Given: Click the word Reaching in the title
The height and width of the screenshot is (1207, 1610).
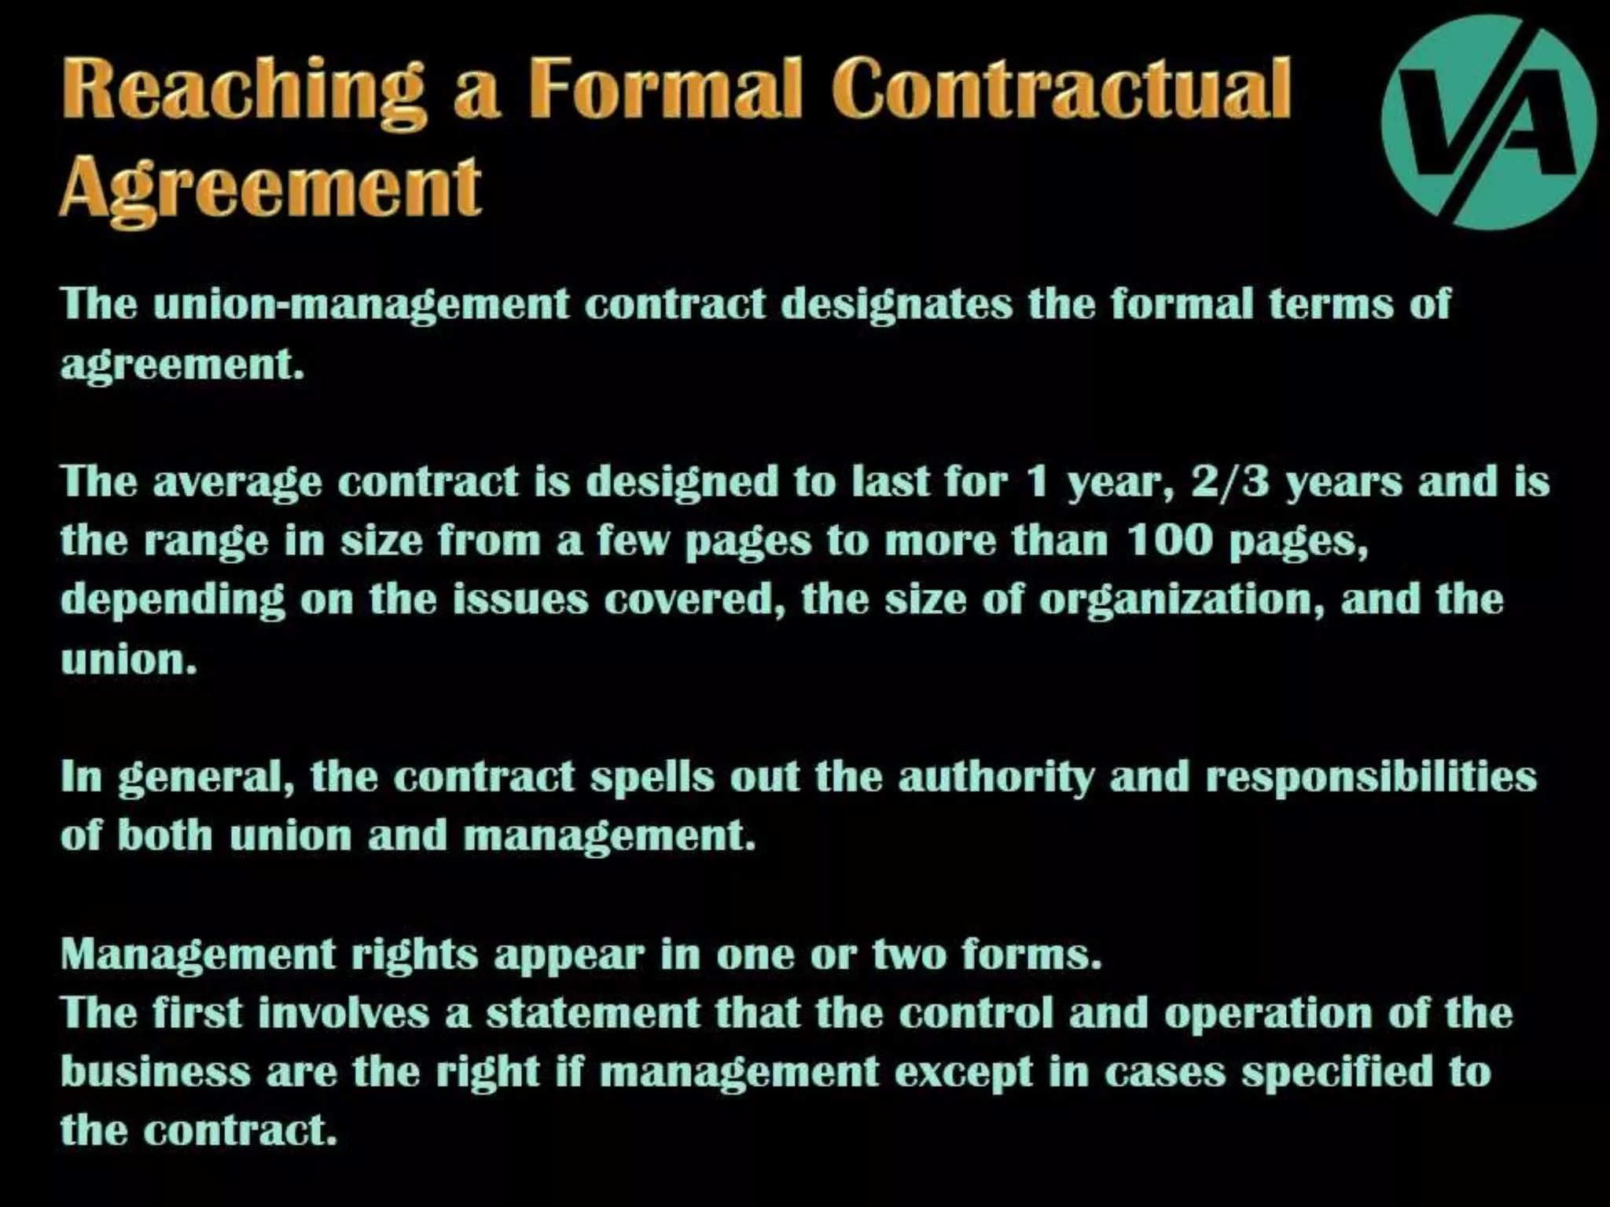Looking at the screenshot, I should pos(244,90).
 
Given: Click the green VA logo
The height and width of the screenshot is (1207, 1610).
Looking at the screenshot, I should pos(1488,123).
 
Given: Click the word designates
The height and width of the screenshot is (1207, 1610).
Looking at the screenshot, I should pos(896,305).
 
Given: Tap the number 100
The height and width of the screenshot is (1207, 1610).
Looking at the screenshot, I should pos(1171,540).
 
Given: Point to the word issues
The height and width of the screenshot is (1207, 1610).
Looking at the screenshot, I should pos(520,599).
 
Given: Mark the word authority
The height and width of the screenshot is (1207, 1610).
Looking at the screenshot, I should pos(995,778).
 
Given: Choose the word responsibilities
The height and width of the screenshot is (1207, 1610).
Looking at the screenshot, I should pos(1371,778).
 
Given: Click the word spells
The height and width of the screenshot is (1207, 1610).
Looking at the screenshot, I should pos(652,778).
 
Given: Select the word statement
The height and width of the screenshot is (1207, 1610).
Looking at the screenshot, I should pos(592,1013).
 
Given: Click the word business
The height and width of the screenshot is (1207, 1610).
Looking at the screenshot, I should pos(156,1072).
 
